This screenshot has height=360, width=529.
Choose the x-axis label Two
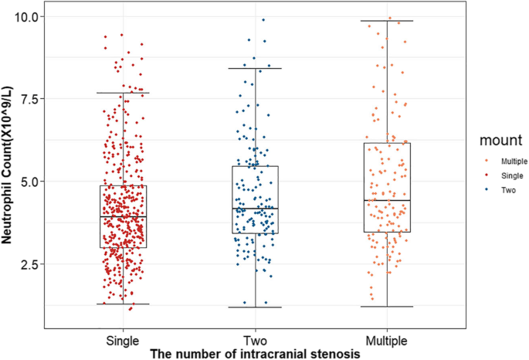pos(255,340)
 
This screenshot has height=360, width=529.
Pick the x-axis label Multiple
pos(386,340)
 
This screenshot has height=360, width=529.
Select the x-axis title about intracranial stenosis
pos(255,353)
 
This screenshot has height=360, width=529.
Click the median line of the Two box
pos(255,209)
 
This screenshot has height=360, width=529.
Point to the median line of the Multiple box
pos(386,200)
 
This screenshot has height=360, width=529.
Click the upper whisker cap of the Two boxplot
pos(255,69)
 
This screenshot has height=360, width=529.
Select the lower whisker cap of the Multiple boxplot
pos(386,307)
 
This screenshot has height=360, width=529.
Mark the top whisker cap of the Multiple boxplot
pos(386,21)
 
